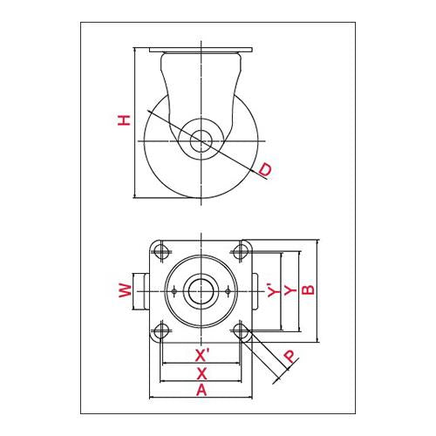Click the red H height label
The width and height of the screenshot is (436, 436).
(124, 120)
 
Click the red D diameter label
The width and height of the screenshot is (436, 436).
(265, 169)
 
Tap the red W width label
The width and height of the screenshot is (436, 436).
(126, 290)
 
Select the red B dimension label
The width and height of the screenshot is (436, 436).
(308, 290)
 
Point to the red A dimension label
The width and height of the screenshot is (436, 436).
(201, 390)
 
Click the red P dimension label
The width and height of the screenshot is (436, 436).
(290, 356)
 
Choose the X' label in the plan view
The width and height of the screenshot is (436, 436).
(202, 355)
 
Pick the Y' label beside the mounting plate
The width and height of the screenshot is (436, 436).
(273, 290)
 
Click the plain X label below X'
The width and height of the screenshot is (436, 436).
(201, 373)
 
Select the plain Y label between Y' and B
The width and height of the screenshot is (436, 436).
(290, 290)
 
